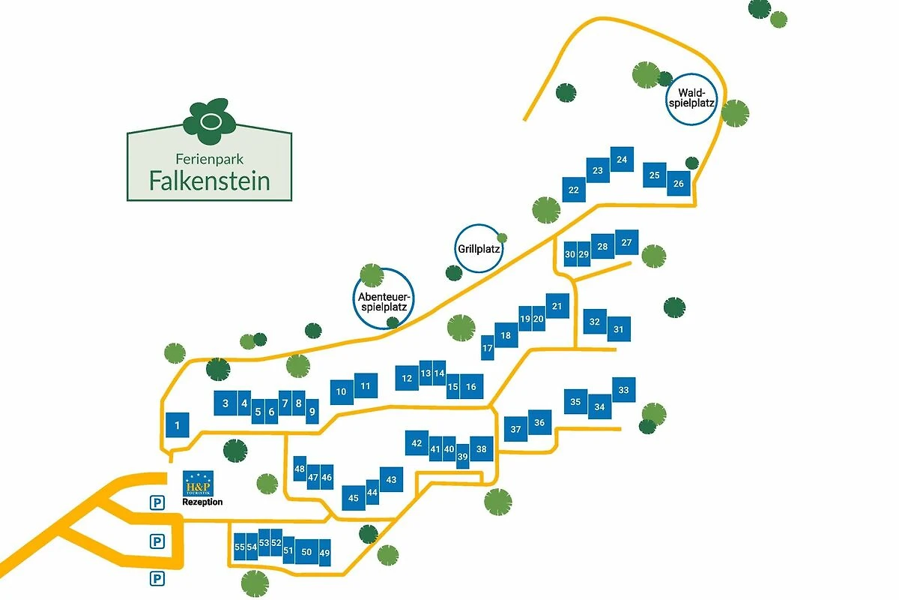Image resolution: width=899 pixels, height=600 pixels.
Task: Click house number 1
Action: coord(177,426)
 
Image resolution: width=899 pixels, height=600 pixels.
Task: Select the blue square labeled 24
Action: coord(622,160)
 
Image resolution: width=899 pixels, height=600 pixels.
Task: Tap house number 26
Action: coord(679,183)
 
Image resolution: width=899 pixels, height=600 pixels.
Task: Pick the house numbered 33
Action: coord(623,390)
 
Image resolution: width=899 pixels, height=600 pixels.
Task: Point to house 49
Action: coord(324,553)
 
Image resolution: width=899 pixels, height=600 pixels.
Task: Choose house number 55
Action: coord(240,547)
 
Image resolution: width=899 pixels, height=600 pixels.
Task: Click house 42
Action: coord(417,443)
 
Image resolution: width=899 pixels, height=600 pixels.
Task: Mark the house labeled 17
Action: coord(487,348)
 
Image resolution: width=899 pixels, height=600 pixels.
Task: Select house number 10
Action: coord(342,391)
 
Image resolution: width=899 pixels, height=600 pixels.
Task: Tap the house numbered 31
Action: coord(619,329)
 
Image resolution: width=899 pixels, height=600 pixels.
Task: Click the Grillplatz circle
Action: coord(478,248)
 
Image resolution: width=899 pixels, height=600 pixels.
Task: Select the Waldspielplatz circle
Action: coord(692,98)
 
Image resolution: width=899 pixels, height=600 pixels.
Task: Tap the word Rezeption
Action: coord(202,502)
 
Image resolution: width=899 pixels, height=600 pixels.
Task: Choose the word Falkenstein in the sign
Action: coord(209,181)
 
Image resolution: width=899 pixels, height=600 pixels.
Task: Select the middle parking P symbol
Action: coord(157,540)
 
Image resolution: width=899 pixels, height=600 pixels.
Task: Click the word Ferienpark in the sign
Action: coord(209,159)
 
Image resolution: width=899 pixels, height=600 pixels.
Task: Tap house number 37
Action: coord(515,430)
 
